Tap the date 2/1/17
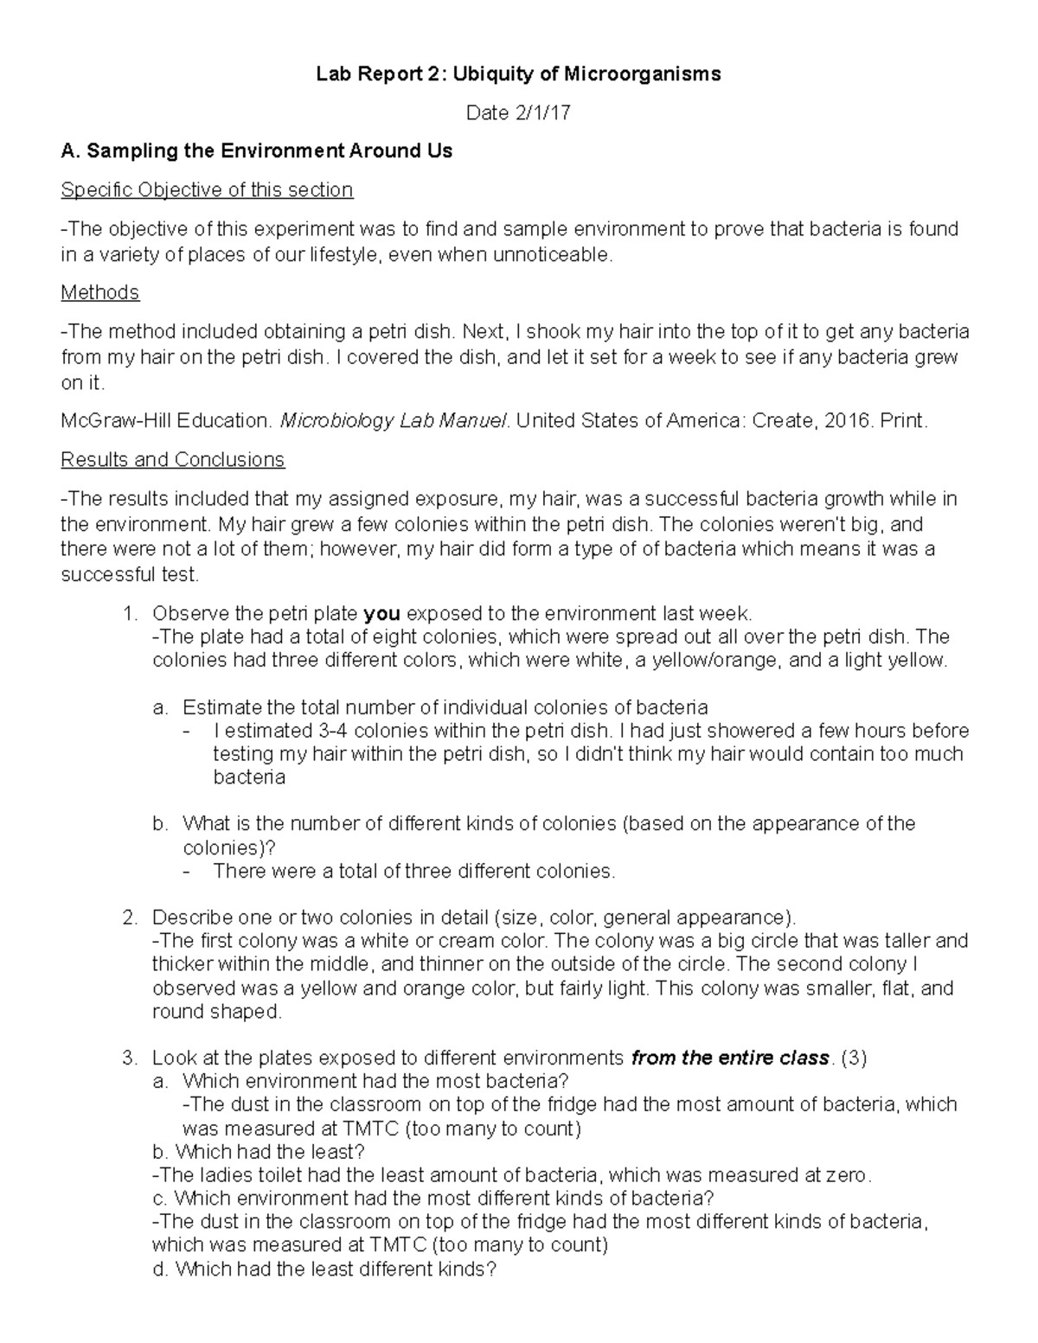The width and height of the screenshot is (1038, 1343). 542,113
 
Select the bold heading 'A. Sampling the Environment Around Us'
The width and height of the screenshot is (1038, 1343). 256,151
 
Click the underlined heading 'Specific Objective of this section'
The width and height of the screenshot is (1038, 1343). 207,190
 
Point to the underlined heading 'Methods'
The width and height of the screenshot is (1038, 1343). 99,292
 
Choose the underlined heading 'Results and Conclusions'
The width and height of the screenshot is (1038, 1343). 172,459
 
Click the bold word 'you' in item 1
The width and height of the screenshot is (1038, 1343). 381,614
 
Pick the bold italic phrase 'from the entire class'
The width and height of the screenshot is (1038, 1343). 729,1058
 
